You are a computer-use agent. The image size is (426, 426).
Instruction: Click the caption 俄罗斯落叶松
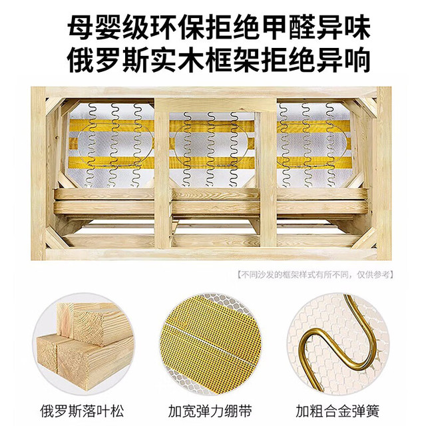pos(82,411)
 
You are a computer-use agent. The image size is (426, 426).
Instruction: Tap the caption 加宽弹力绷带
pos(210,411)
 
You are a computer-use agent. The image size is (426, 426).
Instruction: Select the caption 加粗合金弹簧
pos(337,411)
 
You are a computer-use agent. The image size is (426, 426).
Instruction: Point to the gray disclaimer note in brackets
pos(315,275)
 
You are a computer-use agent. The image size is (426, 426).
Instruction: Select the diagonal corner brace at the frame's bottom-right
pos(366,238)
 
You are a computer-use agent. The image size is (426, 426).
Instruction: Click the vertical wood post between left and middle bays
pos(162,174)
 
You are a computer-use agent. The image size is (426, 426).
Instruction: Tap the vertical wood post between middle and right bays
pos(268,174)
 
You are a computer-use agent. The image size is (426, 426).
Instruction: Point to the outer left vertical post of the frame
pos(39,173)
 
